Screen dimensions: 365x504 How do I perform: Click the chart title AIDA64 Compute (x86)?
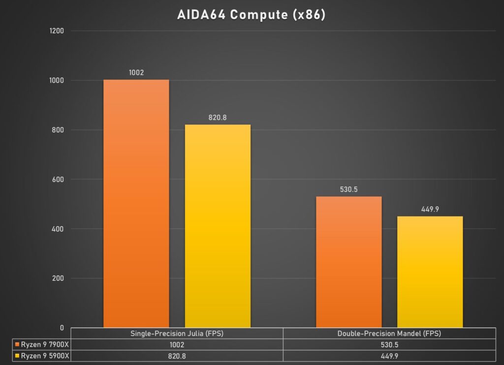pyautogui.click(x=252, y=15)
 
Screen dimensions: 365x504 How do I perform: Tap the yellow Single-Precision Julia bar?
pyautogui.click(x=218, y=226)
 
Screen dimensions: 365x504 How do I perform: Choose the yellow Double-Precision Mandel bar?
pyautogui.click(x=430, y=272)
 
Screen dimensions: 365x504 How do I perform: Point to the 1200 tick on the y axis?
pyautogui.click(x=58, y=31)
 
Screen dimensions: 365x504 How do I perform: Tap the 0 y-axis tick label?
pyautogui.click(x=62, y=328)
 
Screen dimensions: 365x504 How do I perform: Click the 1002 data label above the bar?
pyautogui.click(x=136, y=72)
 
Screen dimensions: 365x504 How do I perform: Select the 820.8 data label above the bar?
pyautogui.click(x=218, y=118)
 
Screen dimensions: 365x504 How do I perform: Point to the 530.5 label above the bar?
pyautogui.click(x=348, y=189)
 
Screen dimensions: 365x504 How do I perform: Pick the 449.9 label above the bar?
pyautogui.click(x=430, y=209)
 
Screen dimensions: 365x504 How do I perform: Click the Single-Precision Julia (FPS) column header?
pyautogui.click(x=177, y=333)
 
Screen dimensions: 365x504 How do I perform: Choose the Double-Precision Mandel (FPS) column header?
pyautogui.click(x=389, y=333)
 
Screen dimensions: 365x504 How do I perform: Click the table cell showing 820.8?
pyautogui.click(x=177, y=355)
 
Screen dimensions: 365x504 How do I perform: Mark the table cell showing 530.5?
pyautogui.click(x=389, y=344)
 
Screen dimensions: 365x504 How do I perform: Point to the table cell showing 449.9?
pyautogui.click(x=389, y=355)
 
